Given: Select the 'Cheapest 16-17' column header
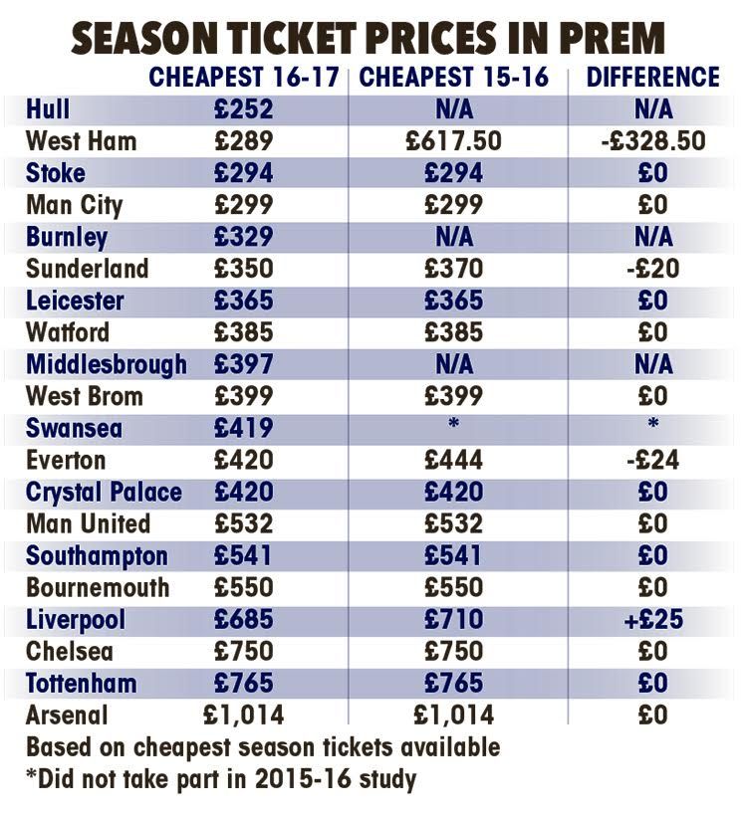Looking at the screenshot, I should [245, 78].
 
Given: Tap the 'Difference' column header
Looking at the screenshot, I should [653, 78].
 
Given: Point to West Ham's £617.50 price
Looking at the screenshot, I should [454, 140].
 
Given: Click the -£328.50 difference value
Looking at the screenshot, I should [653, 140].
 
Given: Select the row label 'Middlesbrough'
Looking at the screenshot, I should [107, 364].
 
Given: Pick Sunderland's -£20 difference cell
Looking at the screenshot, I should [653, 269].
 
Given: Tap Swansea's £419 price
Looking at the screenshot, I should [243, 428].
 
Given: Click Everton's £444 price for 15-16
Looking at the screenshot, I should [454, 460].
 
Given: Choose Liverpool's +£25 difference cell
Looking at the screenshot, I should [653, 619].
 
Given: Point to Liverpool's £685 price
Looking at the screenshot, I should [243, 619].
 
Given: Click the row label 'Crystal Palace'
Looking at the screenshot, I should [104, 492].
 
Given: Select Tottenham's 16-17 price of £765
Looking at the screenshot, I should [243, 683].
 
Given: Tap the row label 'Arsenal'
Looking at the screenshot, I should [67, 715].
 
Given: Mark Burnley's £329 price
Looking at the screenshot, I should [243, 237].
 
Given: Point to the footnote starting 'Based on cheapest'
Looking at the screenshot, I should [263, 746].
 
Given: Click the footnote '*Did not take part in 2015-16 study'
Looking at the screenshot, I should [221, 778].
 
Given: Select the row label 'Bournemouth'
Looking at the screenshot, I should [98, 587].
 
